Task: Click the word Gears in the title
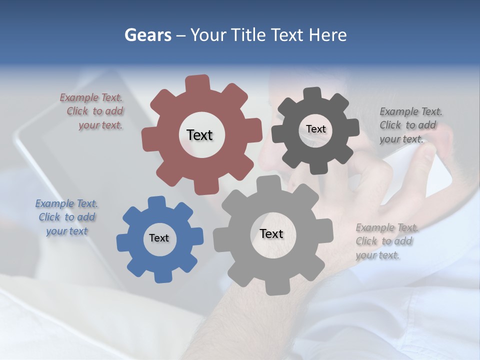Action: click(147, 35)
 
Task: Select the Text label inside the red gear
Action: click(199, 135)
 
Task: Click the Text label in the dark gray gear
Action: click(315, 129)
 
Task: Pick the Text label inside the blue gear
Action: click(159, 238)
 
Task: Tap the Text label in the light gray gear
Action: click(271, 233)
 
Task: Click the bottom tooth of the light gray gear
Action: click(274, 287)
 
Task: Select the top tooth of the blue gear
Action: click(156, 202)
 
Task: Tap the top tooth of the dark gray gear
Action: click(312, 93)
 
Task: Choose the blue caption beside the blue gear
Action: click(66, 217)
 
